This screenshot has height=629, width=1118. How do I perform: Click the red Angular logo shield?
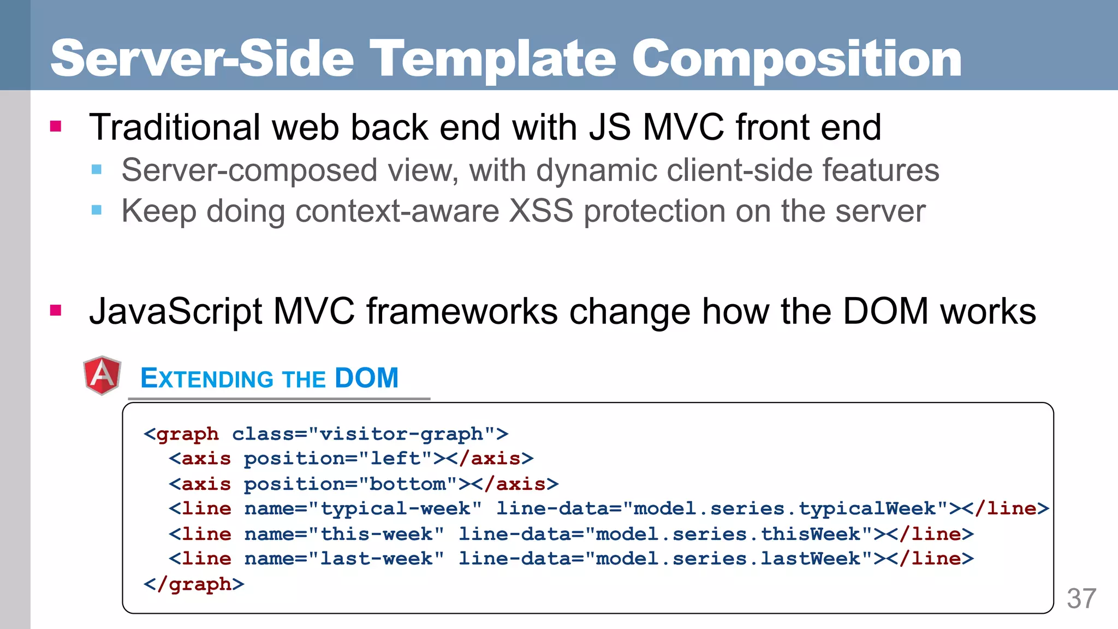point(102,375)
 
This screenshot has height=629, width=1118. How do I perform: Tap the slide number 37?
point(1081,598)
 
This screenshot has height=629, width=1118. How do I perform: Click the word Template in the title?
point(493,59)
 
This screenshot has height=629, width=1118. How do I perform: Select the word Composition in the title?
point(797,59)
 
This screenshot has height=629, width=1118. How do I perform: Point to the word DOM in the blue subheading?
point(366,378)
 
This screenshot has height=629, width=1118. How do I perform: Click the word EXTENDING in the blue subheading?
point(207,378)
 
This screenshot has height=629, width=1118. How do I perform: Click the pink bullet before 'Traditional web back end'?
point(56,127)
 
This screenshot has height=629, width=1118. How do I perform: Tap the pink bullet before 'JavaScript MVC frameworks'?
point(56,311)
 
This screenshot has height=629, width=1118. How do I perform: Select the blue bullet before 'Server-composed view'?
point(97,169)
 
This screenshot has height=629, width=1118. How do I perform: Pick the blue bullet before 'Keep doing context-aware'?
point(97,210)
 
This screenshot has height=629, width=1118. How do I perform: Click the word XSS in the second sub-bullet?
point(541,211)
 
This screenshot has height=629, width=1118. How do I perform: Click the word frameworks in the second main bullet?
point(462,311)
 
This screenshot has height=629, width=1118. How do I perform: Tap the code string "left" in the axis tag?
point(396,459)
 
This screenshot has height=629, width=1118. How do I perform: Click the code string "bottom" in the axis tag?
point(408,484)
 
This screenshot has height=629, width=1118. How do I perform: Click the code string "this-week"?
point(377,534)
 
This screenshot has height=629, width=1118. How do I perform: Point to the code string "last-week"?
point(377,559)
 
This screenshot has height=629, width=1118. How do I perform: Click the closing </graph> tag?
point(194,584)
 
